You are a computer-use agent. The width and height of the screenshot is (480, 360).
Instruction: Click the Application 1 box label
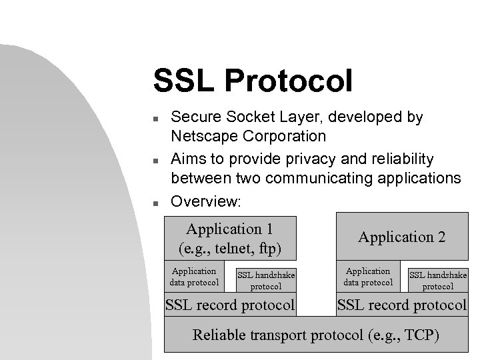(x=230, y=229)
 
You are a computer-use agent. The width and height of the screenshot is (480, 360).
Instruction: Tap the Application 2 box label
(x=401, y=237)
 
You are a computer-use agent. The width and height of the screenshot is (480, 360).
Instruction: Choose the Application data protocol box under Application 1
(x=194, y=277)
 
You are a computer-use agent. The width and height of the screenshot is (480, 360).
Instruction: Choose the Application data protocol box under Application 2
(x=367, y=277)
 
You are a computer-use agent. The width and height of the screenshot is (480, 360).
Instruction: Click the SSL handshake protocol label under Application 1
(x=266, y=281)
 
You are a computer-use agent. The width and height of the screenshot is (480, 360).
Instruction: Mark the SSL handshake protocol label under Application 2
(x=438, y=281)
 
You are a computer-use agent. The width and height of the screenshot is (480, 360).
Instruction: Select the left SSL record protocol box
(x=230, y=305)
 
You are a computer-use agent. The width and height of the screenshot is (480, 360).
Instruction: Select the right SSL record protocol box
(x=401, y=305)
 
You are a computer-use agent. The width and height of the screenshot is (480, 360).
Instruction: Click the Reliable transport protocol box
(x=315, y=335)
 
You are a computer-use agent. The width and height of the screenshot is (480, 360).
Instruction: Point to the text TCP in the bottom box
(x=419, y=335)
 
